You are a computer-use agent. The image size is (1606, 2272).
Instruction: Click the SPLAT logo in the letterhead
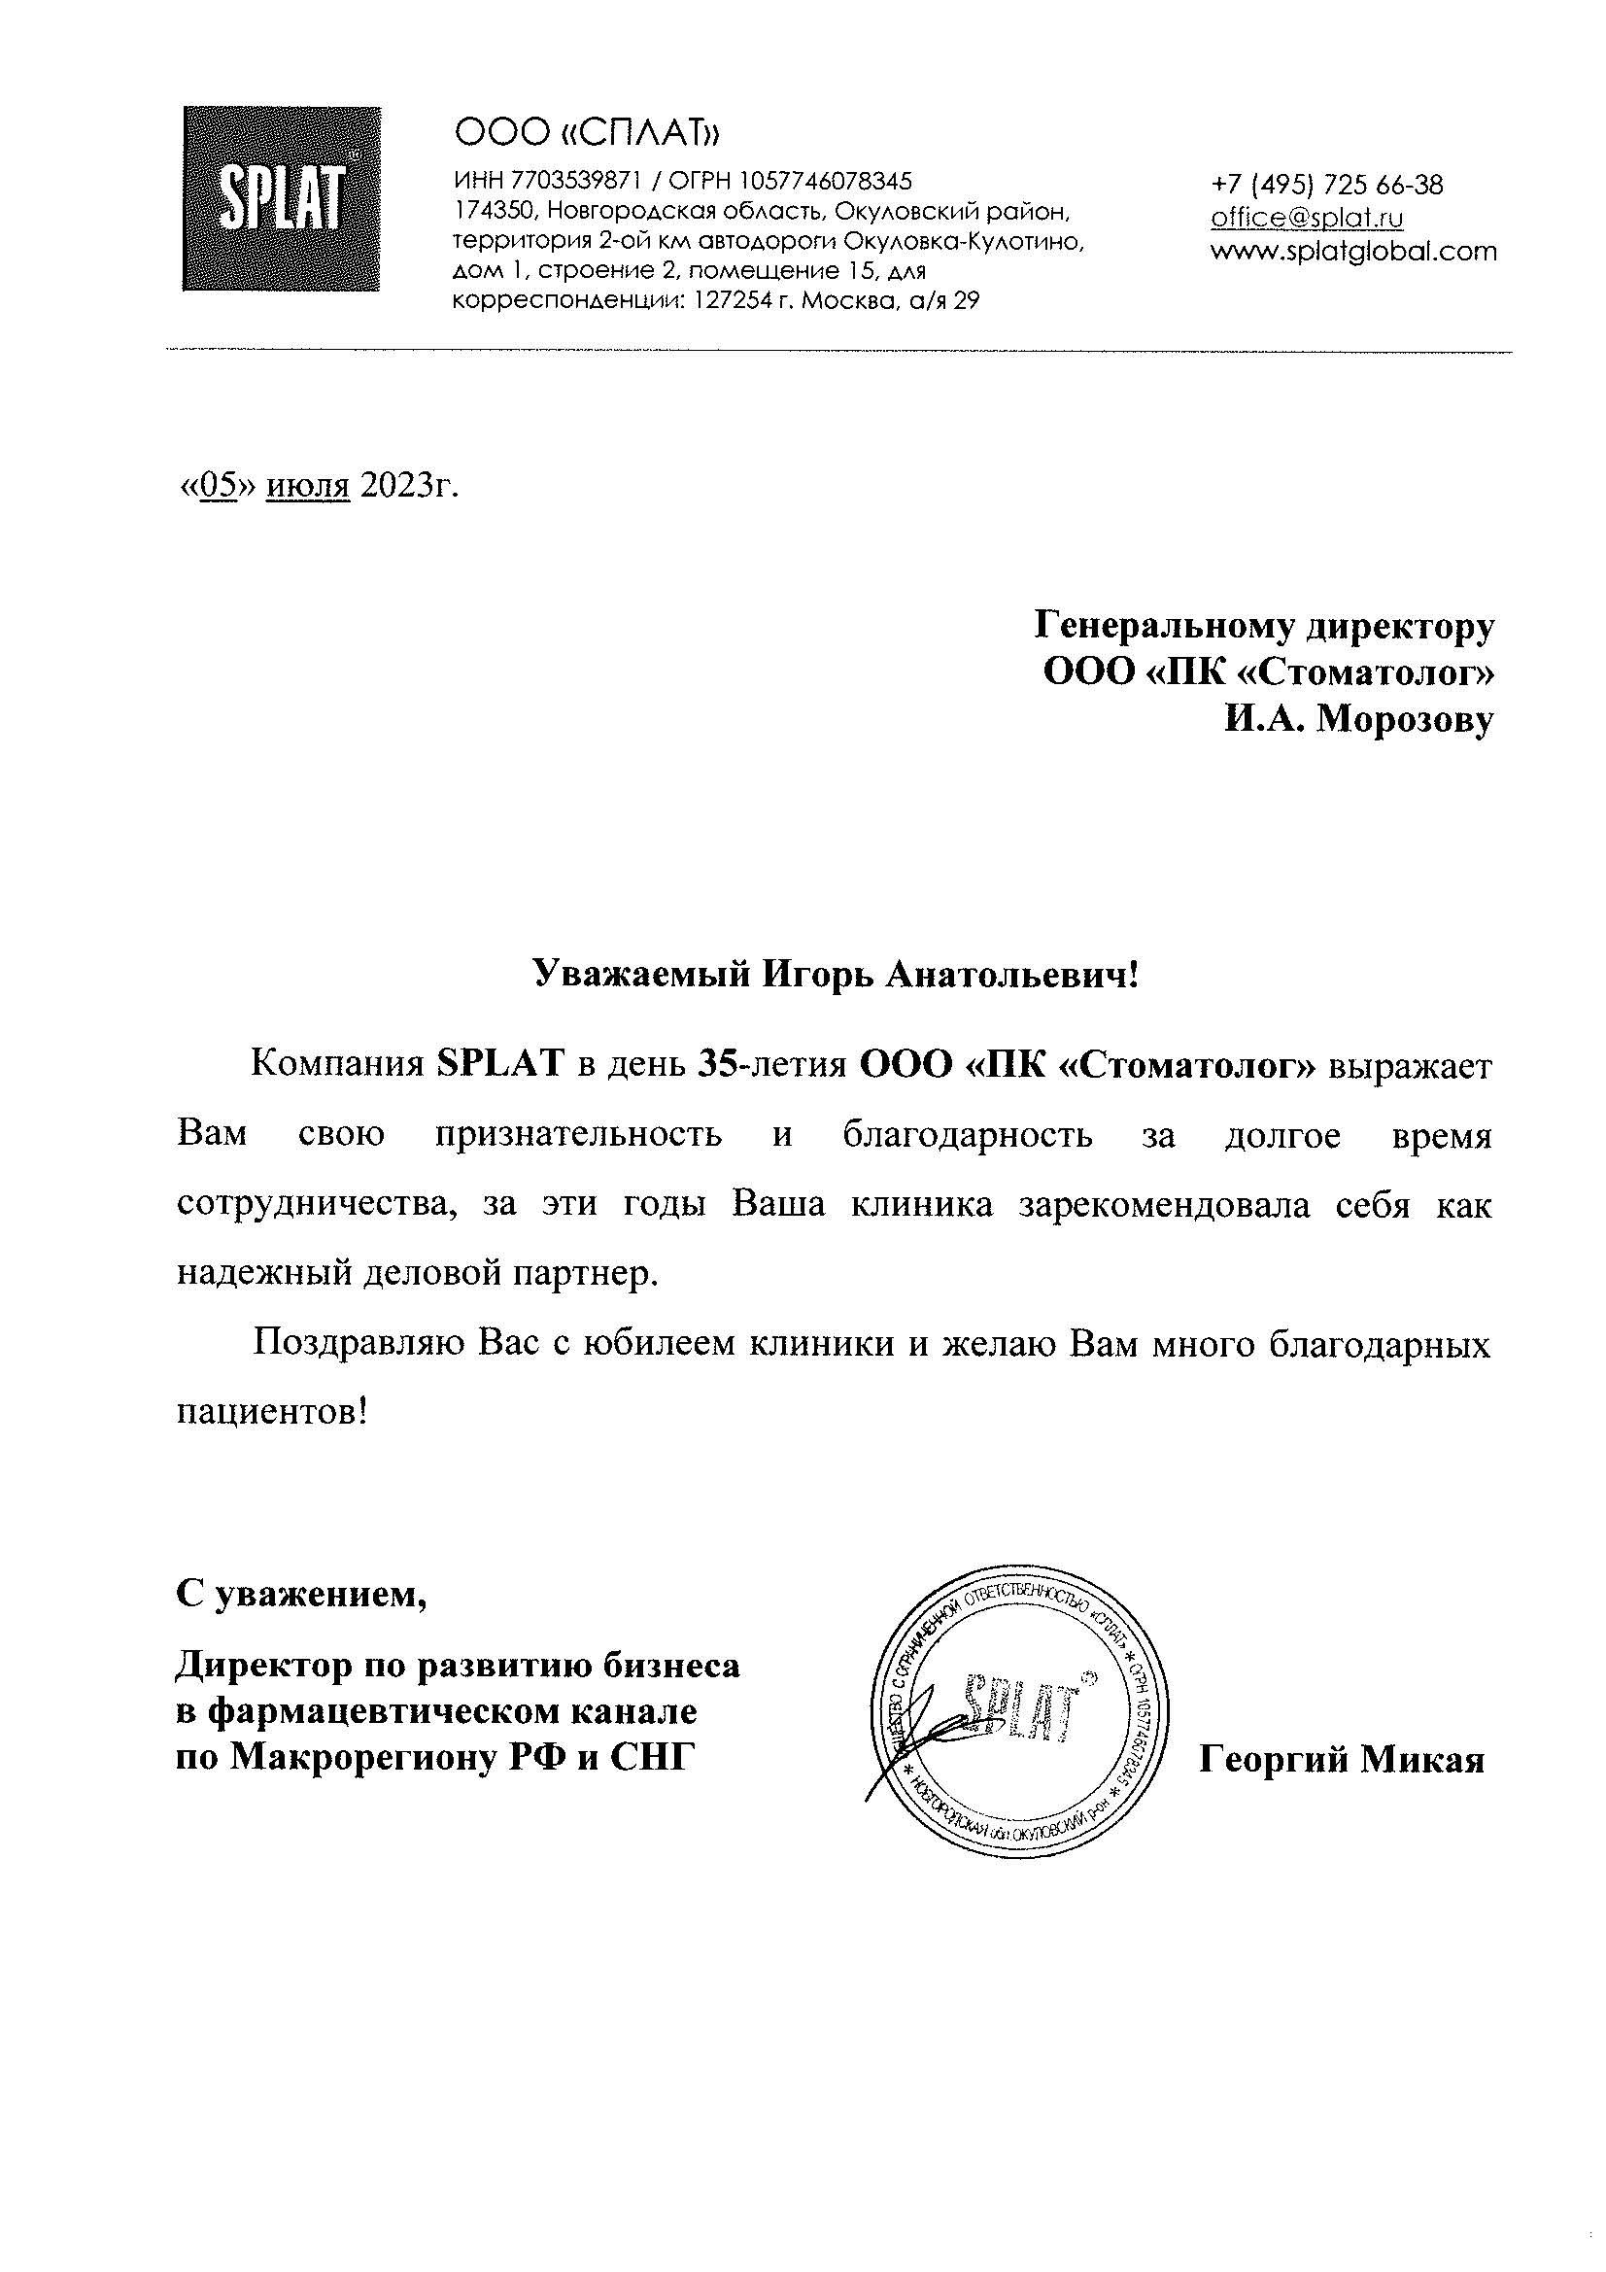coord(282,199)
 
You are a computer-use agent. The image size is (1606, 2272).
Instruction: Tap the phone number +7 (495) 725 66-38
coord(1326,185)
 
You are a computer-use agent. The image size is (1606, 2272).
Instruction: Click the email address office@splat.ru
coord(1307,218)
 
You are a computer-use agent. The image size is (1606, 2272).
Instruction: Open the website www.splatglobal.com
coord(1353,252)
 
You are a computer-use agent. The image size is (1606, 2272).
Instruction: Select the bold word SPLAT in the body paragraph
coord(499,1065)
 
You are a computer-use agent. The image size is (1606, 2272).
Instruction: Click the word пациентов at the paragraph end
coord(266,1412)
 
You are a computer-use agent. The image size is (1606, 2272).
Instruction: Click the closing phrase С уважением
coord(303,1594)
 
